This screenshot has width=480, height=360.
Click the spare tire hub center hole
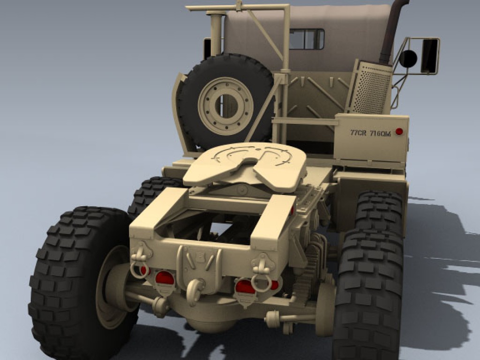coord(226,106)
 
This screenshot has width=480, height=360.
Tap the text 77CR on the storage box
coord(358,133)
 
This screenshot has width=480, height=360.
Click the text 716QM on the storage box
coord(380,134)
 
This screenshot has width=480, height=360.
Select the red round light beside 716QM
coord(399,132)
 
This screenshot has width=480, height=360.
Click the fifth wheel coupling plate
coord(245,167)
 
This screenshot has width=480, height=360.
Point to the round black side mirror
coord(408,59)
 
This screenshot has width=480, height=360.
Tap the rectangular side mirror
coord(430,56)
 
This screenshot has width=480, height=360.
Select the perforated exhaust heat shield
coord(369,87)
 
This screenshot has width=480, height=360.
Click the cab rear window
coord(307,39)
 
